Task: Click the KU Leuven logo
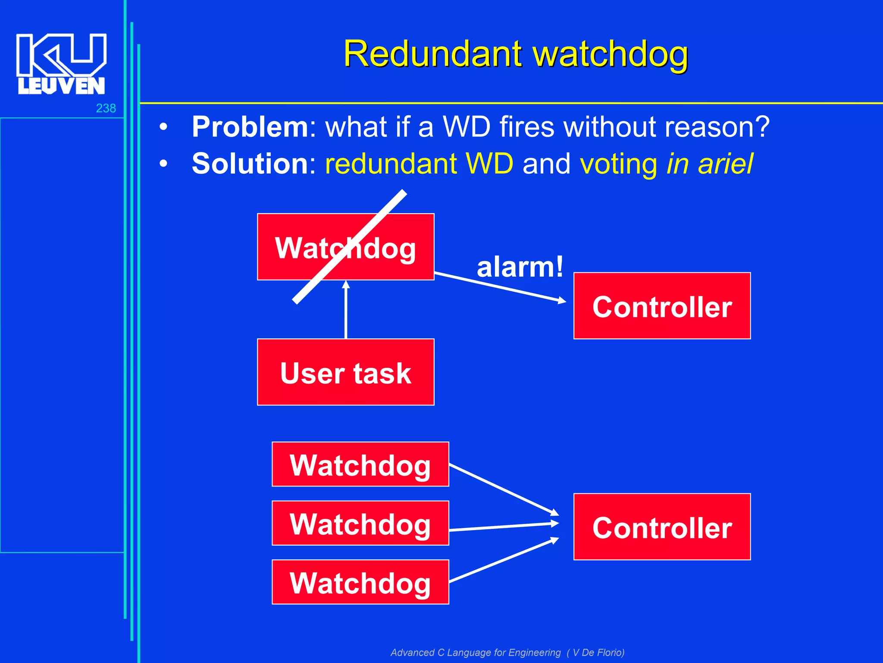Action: click(x=61, y=63)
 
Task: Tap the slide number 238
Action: click(x=106, y=108)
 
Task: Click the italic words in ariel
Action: click(x=710, y=164)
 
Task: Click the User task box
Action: click(x=345, y=372)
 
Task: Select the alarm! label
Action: click(x=520, y=267)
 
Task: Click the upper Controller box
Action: click(x=662, y=306)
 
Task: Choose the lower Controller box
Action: click(x=662, y=527)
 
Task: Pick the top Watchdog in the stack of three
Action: click(x=360, y=464)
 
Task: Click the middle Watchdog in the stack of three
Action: click(x=360, y=523)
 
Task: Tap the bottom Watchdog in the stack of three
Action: click(x=360, y=582)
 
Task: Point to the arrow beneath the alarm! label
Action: click(x=500, y=287)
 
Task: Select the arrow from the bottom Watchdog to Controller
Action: click(x=504, y=560)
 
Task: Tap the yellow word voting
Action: click(x=619, y=164)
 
